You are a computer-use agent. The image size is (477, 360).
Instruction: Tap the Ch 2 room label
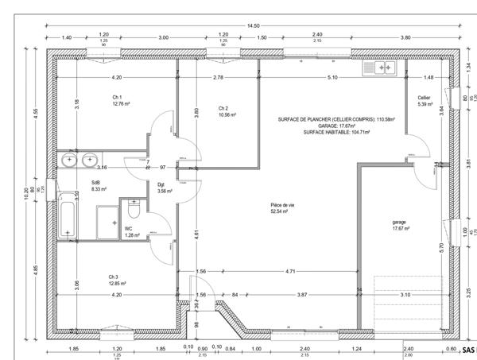click(x=223, y=108)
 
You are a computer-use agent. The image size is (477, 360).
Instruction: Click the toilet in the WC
click(x=133, y=214)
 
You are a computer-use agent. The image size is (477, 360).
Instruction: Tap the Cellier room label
click(x=424, y=98)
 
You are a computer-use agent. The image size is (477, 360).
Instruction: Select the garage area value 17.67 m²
click(x=401, y=229)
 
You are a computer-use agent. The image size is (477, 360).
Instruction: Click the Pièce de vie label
click(x=282, y=205)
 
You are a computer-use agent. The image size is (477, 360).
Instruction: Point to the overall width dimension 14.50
click(x=252, y=25)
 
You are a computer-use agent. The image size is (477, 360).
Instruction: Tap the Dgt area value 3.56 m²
click(x=165, y=192)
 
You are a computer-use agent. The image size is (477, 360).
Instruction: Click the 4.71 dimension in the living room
click(x=290, y=272)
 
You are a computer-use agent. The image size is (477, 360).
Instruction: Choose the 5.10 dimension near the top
click(x=332, y=77)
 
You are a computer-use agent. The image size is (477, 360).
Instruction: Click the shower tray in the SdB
click(x=106, y=221)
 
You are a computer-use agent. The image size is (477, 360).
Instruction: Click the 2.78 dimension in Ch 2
click(x=218, y=77)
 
